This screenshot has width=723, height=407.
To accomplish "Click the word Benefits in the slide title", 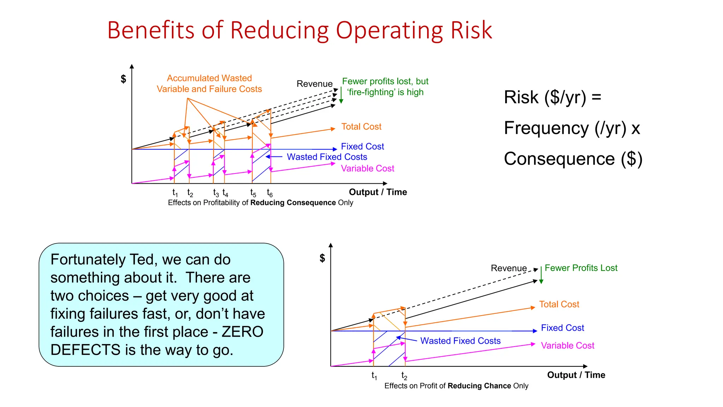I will tap(150, 30).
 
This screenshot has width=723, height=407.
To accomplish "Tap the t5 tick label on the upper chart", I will tap(253, 193).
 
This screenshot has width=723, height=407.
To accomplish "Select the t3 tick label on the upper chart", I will tap(216, 193).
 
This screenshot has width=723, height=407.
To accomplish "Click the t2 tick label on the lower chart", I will tap(404, 376).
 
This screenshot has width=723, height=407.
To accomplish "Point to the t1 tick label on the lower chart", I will tap(374, 376).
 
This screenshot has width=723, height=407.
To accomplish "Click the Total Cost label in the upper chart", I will tap(361, 126).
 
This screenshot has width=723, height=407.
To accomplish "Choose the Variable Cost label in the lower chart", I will tap(567, 346).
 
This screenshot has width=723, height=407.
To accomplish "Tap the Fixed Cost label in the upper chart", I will tap(362, 146).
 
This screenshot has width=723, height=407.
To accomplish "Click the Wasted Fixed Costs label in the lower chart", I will tap(460, 341).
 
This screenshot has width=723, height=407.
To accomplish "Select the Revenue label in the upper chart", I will tap(314, 84).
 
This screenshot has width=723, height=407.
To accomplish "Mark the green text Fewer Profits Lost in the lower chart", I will tap(581, 268).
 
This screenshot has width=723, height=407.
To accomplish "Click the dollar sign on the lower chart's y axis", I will tap(322, 258).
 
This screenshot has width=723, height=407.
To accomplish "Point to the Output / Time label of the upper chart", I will tap(378, 192).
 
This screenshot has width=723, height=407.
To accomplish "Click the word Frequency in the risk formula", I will tap(547, 128).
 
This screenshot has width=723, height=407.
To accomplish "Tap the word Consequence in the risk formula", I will tap(559, 159).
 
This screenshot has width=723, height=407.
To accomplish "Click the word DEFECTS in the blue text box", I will tap(85, 350).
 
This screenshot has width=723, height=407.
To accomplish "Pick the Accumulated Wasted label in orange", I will tap(209, 78).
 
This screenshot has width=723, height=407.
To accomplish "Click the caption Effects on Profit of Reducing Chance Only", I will tap(456, 386).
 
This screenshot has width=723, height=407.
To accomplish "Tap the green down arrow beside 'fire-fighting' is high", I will tap(341, 95).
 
